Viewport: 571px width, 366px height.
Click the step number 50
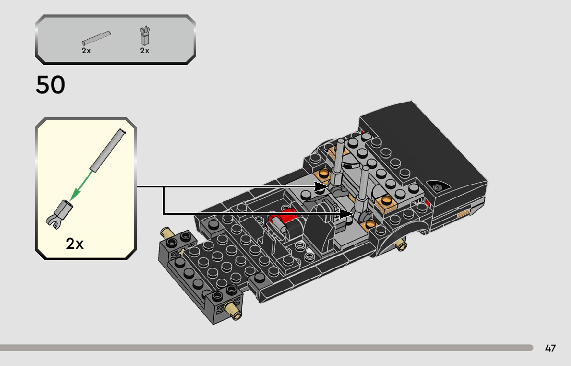(x=51, y=85)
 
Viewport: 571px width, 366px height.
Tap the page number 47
(x=550, y=348)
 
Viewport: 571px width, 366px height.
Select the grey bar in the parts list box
(x=96, y=39)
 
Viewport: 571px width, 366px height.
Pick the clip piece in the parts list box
(x=145, y=36)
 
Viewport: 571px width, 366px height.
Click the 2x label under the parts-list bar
(x=86, y=51)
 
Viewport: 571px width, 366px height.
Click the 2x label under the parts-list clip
(x=145, y=51)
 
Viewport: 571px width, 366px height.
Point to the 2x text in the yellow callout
(x=75, y=244)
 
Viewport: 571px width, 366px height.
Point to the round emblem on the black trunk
(x=438, y=187)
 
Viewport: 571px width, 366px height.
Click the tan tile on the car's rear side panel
(x=463, y=212)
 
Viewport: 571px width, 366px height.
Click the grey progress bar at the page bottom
(x=266, y=348)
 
